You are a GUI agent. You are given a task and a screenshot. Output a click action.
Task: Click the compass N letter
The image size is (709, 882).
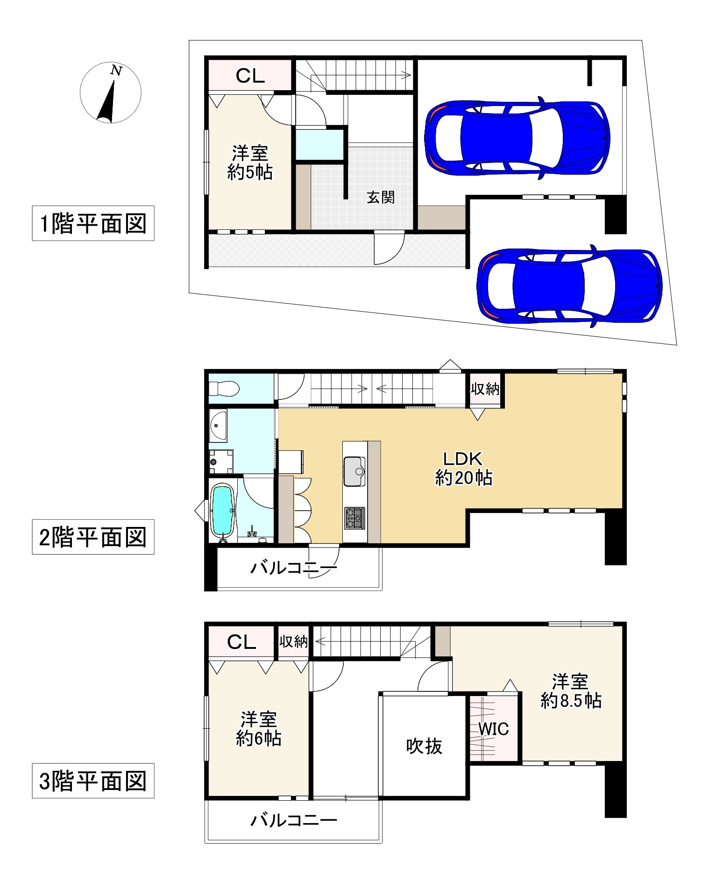pos(116,71)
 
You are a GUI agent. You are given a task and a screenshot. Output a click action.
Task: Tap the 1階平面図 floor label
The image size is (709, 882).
pos(93,223)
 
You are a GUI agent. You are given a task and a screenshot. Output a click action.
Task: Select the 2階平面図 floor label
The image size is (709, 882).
pos(93,537)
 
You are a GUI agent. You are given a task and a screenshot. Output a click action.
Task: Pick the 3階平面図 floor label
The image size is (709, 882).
pos(93,781)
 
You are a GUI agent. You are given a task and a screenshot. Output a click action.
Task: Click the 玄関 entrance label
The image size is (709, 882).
pos(381,197)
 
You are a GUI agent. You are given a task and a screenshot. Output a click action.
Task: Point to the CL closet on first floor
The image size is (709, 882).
pos(250,75)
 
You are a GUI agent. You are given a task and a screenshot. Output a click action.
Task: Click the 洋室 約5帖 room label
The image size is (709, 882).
pos(250,163)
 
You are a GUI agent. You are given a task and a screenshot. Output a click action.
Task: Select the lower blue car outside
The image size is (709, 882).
pos(569,285)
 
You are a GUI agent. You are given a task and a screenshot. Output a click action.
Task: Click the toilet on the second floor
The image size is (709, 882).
pos(224,388)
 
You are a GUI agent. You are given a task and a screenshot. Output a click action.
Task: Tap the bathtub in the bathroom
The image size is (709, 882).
pos(223,512)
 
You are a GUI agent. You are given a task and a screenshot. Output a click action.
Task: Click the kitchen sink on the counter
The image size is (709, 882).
pos(354,471)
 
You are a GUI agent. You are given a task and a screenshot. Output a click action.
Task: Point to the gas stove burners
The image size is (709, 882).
pos(354,518)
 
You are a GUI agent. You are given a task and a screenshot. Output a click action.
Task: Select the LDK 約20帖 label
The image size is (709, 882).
pos(463,468)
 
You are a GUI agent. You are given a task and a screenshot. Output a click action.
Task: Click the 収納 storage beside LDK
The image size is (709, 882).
pos(485,389)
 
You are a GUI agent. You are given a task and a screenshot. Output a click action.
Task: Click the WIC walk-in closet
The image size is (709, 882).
pos(493,729)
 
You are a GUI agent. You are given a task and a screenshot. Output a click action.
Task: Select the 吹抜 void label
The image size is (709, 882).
pos(424,746)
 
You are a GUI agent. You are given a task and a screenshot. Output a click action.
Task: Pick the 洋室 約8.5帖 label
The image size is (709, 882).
pos(571,691)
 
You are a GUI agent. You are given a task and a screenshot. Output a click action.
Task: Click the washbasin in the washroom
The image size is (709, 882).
pos(218,425)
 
